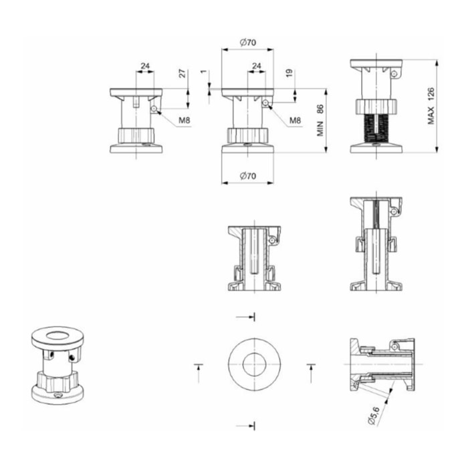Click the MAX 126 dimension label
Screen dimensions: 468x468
pyautogui.click(x=431, y=106)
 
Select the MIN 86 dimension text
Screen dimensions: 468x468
pyautogui.click(x=320, y=120)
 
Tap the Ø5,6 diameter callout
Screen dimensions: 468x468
pyautogui.click(x=374, y=415)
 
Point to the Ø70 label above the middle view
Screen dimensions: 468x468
pyautogui.click(x=248, y=42)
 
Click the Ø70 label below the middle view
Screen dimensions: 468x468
pyautogui.click(x=248, y=176)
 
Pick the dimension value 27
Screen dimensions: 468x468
pyautogui.click(x=182, y=74)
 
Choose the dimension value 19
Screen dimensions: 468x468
pyautogui.click(x=289, y=74)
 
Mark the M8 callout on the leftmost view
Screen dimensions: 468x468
pyautogui.click(x=184, y=120)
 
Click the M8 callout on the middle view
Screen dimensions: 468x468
pyautogui.click(x=296, y=120)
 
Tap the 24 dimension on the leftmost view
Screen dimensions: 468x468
pyautogui.click(x=145, y=66)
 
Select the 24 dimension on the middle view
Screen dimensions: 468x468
pyautogui.click(x=257, y=66)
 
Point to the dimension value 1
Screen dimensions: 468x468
pyautogui.click(x=203, y=72)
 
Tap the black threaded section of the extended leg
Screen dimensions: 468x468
pyautogui.click(x=376, y=128)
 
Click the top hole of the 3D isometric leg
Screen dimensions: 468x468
pyautogui.click(x=57, y=336)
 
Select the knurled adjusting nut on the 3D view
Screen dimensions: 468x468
pyautogui.click(x=57, y=381)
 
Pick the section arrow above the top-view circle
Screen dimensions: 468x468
pyautogui.click(x=245, y=317)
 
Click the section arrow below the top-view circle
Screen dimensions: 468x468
pyautogui.click(x=245, y=426)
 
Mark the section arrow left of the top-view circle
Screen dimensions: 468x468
pyautogui.click(x=199, y=373)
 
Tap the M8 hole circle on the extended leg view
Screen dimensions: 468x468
pyautogui.click(x=394, y=74)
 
